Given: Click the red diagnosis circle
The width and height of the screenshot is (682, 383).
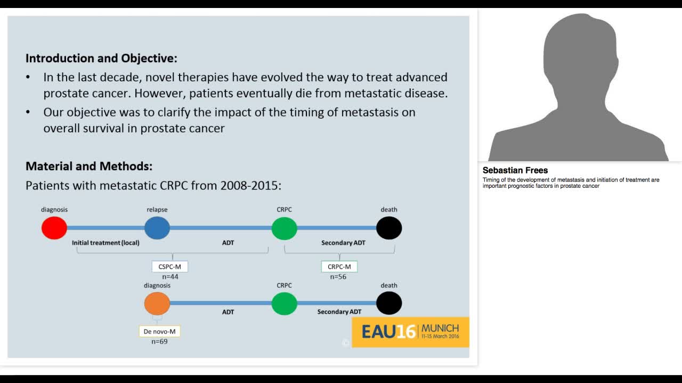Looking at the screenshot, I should [54, 228].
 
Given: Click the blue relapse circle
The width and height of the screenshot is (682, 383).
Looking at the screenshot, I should [157, 228].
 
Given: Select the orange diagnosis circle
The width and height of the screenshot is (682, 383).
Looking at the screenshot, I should [157, 303].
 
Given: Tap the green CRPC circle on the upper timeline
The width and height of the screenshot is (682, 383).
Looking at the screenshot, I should [284, 228].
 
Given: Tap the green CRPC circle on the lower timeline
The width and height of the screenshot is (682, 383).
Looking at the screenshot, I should [284, 303].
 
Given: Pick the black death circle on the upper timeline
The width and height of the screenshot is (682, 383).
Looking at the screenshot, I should [389, 228].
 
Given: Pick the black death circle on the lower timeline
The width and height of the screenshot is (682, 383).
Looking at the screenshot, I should [389, 303].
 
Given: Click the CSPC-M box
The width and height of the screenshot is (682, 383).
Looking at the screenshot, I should [170, 267].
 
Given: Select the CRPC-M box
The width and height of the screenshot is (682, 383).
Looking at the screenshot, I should [339, 267].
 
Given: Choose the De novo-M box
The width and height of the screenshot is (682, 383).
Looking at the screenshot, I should [159, 331].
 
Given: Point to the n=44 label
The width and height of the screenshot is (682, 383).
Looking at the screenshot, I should [170, 277].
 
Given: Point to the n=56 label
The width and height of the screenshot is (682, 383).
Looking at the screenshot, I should [338, 277].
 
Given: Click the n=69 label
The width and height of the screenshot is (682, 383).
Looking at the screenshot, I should [159, 342].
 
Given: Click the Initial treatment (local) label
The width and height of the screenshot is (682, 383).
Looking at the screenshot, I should [105, 243].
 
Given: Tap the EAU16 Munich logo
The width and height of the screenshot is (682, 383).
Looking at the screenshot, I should [410, 332].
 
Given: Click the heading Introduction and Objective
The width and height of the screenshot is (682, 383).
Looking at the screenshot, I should [101, 58].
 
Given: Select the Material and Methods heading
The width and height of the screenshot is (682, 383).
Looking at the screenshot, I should [89, 166].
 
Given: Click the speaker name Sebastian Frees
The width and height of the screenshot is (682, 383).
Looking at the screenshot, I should [515, 170].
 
